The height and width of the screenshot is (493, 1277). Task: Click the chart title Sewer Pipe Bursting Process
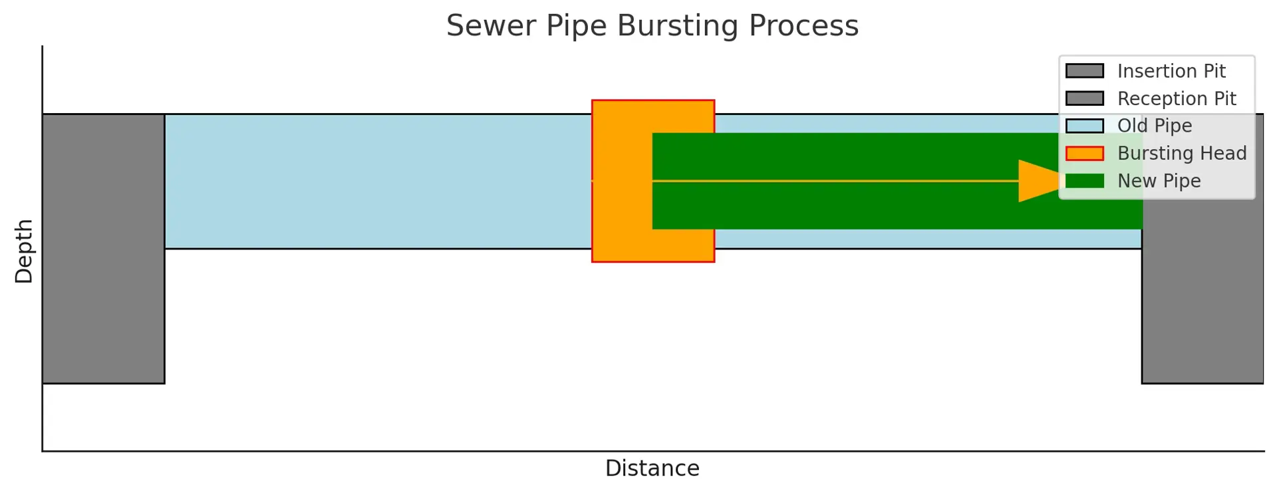pos(652,26)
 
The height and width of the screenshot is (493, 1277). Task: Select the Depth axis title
pos(24,251)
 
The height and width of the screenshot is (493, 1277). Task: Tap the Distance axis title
pos(652,468)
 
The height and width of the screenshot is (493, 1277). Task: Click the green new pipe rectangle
pos(865,206)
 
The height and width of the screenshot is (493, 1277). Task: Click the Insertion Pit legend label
pos(1171,71)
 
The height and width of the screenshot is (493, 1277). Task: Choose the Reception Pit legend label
pos(1177,99)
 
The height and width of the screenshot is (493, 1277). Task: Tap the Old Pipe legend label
pos(1155,126)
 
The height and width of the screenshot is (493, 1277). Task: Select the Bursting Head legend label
pos(1182,154)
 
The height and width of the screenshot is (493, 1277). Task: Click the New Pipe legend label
pos(1159,181)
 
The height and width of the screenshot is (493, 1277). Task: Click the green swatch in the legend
pos(1085,181)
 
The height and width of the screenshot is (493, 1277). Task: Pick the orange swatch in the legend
pos(1085,154)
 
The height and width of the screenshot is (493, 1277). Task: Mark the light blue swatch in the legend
pos(1085,126)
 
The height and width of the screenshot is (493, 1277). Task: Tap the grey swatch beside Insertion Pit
pos(1085,71)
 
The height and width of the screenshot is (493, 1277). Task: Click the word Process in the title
pos(803,26)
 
